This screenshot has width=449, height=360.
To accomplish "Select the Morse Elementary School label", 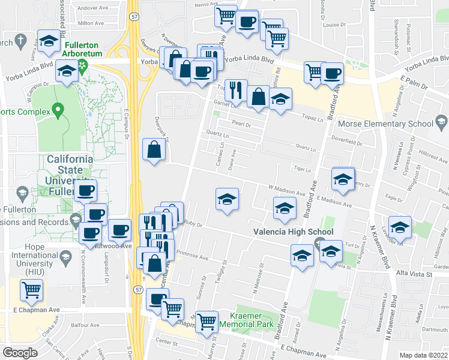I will click(x=385, y=124).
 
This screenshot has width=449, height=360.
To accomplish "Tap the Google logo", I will click(x=20, y=352).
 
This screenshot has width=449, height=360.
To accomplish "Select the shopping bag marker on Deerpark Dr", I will click(x=154, y=149).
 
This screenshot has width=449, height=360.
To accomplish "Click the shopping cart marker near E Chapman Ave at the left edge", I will click(x=31, y=290).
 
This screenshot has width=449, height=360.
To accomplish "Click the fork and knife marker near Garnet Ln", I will click(x=236, y=90).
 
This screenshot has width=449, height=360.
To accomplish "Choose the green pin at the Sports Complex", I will click(x=58, y=110).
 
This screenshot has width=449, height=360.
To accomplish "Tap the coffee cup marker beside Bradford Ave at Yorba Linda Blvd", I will click(x=331, y=73).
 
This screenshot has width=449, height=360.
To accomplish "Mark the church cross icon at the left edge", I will click(x=20, y=41).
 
